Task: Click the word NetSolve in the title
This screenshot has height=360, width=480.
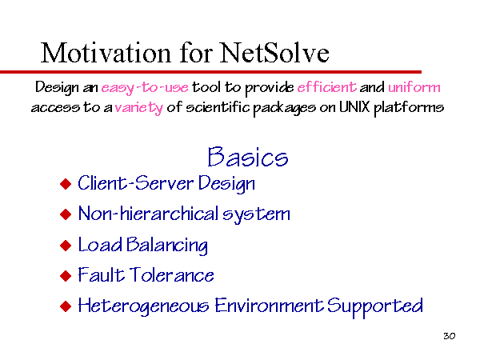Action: coord(274,53)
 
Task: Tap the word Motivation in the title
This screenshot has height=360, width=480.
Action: coord(106,53)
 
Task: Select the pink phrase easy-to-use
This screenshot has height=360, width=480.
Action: coord(145,88)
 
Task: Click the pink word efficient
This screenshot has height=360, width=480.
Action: coord(326,87)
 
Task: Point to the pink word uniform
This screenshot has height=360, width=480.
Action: coord(414,87)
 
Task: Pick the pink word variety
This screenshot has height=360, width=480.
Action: coord(139,108)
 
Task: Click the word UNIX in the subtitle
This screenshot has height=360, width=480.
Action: coord(354,107)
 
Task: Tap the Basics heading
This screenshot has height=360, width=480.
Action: coord(248,157)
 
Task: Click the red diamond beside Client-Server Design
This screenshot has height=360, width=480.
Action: coord(66,184)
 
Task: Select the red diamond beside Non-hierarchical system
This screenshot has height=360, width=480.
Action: coord(66,214)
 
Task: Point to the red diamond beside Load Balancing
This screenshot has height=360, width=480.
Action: coord(66,246)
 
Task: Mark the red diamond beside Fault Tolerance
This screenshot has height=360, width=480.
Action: coord(66,275)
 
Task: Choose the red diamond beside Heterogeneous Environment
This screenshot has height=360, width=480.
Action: coord(66,306)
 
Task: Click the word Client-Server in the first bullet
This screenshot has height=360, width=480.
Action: coord(136,182)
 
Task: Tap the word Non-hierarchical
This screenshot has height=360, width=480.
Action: coord(149,214)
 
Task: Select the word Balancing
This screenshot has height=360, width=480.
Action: coord(167,246)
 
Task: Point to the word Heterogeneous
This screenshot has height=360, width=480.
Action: coord(143,306)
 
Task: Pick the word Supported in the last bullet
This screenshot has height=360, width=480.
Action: coord(375,306)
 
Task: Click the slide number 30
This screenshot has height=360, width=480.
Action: coord(449,336)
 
